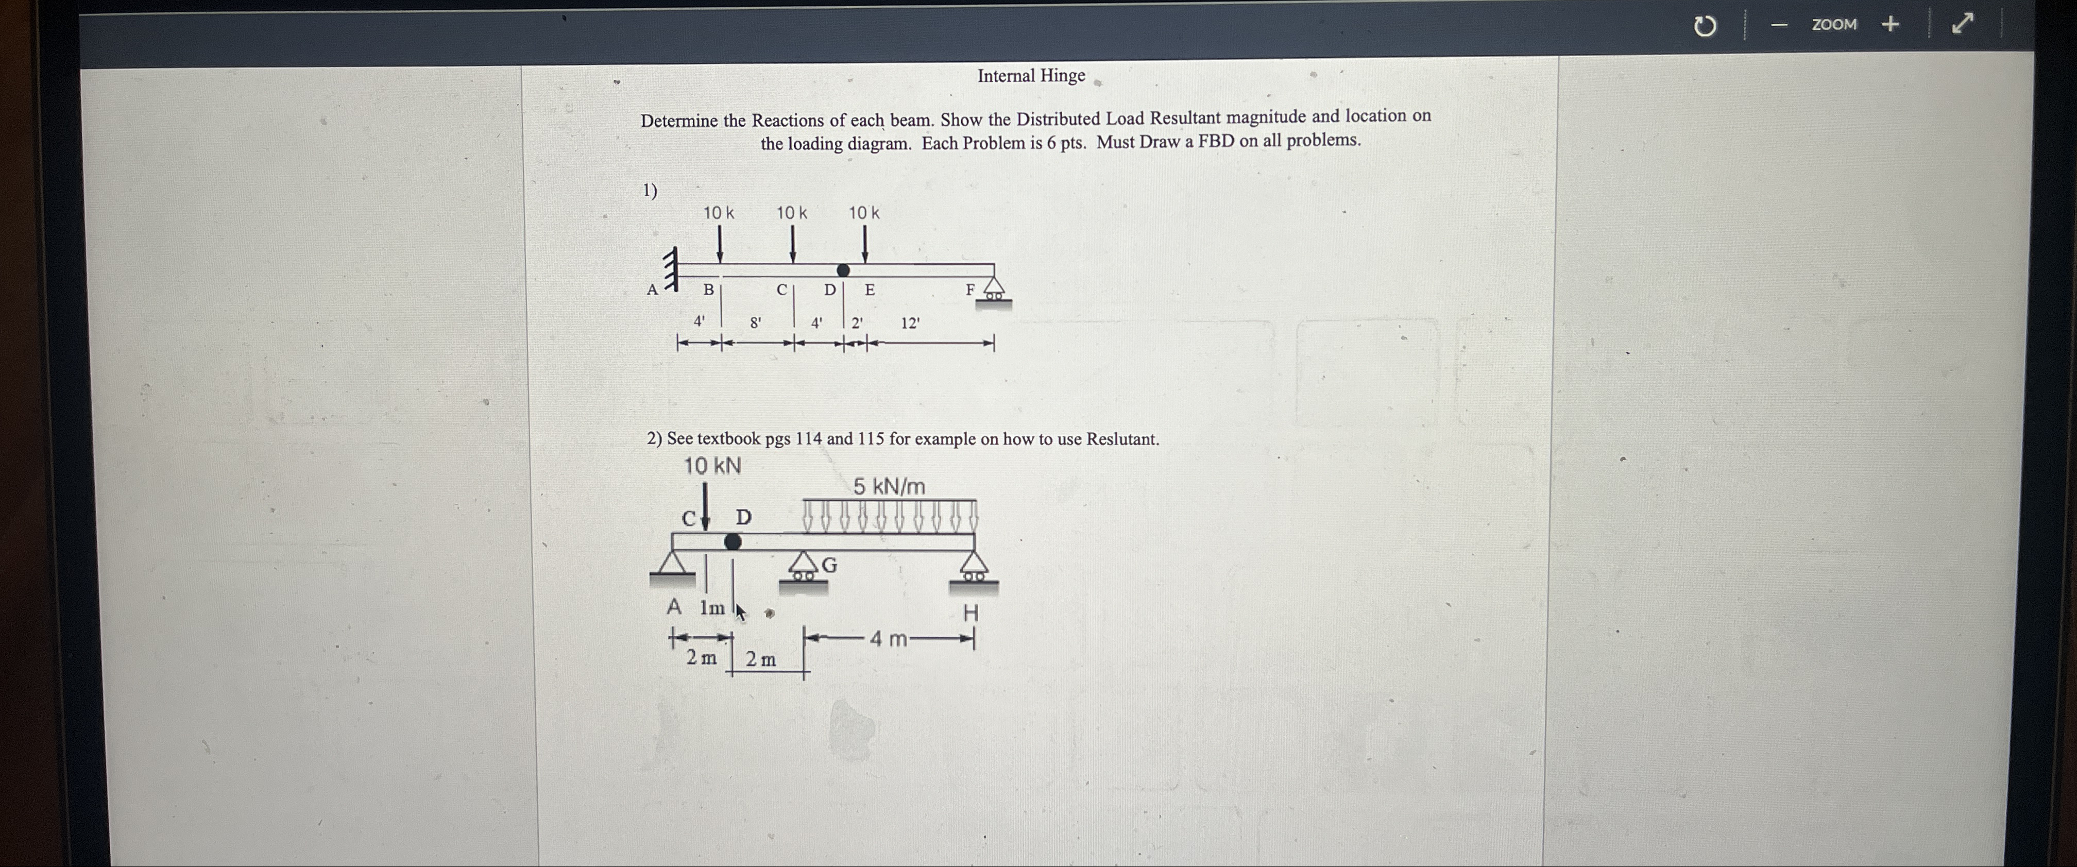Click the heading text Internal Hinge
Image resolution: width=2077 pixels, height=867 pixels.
click(1031, 76)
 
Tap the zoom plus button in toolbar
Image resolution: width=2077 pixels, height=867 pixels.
click(1890, 24)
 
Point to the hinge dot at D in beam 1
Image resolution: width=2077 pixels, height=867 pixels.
click(843, 270)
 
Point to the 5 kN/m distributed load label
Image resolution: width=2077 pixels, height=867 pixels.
click(889, 486)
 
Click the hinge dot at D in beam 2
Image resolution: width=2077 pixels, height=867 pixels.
click(732, 541)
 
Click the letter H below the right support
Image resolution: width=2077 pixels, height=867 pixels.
click(971, 613)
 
